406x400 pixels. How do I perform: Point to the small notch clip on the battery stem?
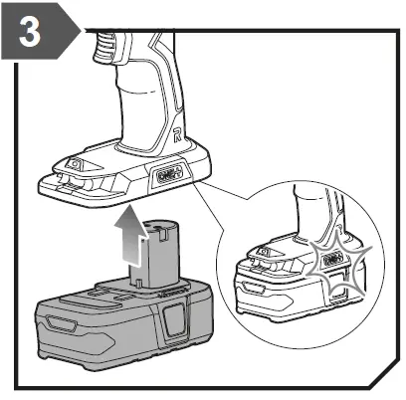coord(156,236)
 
